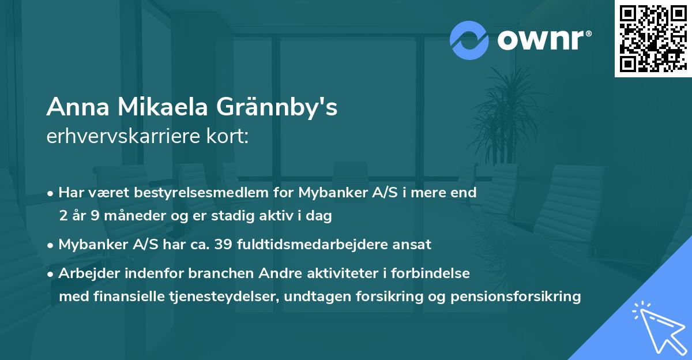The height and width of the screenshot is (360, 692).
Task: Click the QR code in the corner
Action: tap(653, 38)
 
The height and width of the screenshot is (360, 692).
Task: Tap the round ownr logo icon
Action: tap(469, 39)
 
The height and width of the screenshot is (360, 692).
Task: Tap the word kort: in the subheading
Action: tap(230, 137)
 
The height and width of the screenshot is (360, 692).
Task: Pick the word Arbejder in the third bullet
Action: tap(86, 273)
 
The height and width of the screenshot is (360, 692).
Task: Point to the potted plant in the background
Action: tap(507, 115)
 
